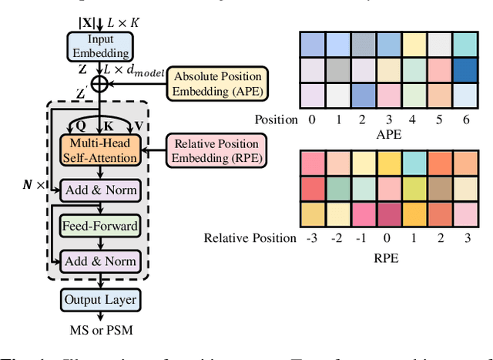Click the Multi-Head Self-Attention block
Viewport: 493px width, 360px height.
pos(99,150)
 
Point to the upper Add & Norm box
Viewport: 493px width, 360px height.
pos(99,190)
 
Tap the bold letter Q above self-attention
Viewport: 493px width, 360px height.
pos(79,124)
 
